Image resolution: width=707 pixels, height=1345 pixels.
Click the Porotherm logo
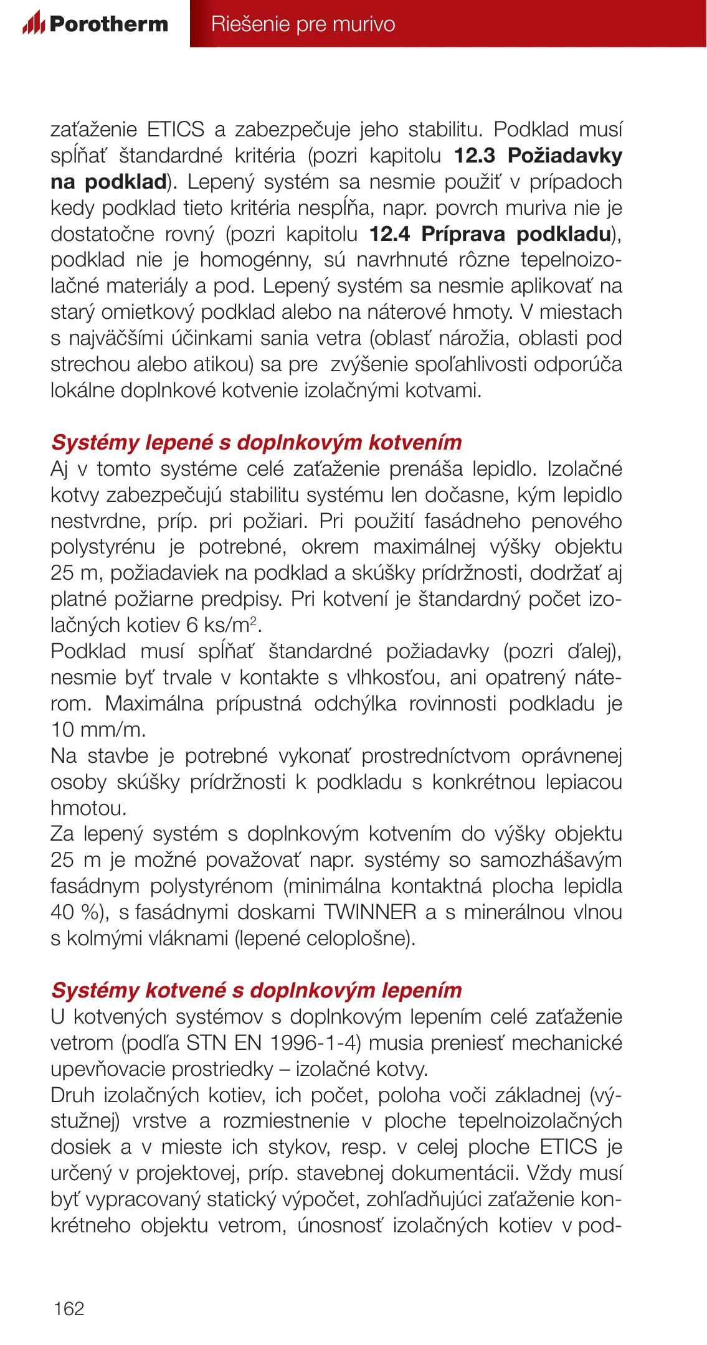[95, 24]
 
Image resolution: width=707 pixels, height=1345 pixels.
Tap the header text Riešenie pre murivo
[303, 24]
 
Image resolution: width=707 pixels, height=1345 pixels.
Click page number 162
[69, 1308]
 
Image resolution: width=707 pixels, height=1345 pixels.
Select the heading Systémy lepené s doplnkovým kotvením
[257, 442]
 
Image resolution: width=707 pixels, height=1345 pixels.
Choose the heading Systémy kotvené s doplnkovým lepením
[257, 990]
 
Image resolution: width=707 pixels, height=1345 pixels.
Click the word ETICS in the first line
[176, 130]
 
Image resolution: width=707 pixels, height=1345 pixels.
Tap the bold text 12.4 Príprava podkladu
[490, 234]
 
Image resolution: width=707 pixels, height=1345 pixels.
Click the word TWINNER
[370, 912]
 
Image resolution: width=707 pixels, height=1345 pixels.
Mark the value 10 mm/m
[98, 729]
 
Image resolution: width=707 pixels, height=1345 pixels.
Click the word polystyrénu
[103, 547]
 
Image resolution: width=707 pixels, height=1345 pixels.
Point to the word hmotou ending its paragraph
[88, 808]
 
